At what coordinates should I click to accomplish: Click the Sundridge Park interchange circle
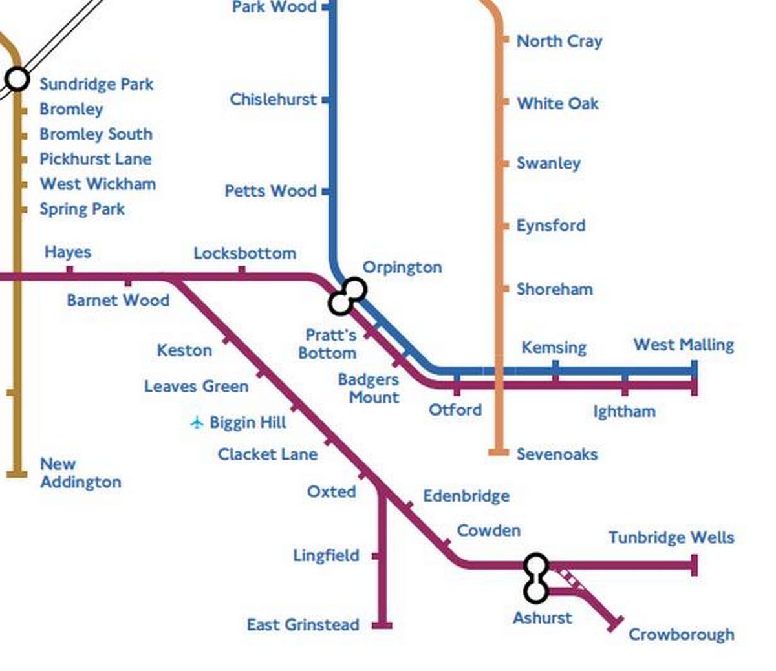(x=17, y=79)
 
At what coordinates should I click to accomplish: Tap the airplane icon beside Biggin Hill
(x=197, y=423)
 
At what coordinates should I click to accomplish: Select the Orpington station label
(x=402, y=267)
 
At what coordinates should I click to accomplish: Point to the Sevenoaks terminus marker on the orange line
(x=498, y=453)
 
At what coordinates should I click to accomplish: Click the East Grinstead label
(x=303, y=624)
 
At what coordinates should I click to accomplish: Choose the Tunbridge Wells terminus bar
(x=694, y=565)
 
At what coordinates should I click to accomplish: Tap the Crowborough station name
(x=681, y=634)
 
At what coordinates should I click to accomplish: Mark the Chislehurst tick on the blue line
(x=326, y=100)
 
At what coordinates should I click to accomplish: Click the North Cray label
(x=559, y=41)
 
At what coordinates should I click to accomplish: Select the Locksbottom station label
(x=244, y=253)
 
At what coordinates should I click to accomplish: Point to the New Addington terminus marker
(x=17, y=474)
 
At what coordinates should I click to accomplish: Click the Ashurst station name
(x=542, y=618)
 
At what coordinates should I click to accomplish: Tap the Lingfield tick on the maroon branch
(x=376, y=556)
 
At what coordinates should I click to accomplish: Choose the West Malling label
(x=684, y=345)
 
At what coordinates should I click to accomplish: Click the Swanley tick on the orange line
(x=504, y=164)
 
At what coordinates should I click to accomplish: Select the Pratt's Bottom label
(x=329, y=344)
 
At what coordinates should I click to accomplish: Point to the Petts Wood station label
(x=270, y=191)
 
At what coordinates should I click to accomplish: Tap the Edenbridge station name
(x=466, y=496)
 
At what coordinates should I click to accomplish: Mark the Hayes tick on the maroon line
(x=70, y=270)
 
